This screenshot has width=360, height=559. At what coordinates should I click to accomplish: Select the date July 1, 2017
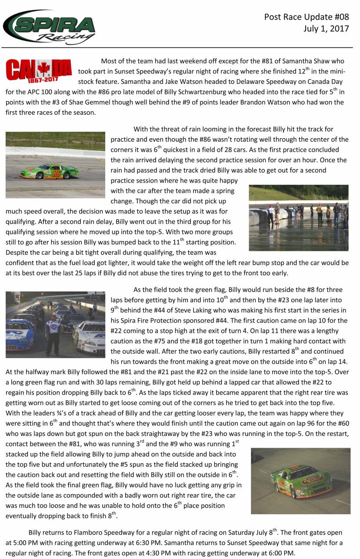[x=326, y=29]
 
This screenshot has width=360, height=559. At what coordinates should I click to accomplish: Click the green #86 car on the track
[x=49, y=171]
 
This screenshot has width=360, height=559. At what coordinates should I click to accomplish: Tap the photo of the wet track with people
[x=298, y=218]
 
